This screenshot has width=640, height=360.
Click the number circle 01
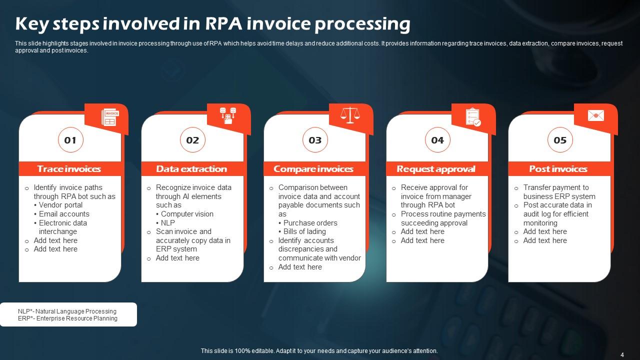(x=70, y=140)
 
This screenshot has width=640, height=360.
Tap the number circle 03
(x=315, y=140)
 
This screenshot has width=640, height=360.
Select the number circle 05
(x=560, y=140)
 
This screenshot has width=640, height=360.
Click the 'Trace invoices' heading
(x=69, y=169)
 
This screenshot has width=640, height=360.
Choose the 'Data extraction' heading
(x=191, y=169)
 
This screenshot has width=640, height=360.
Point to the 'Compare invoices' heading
(x=313, y=169)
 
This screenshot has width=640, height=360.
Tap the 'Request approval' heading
(x=435, y=169)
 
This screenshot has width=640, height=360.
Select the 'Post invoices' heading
(x=558, y=169)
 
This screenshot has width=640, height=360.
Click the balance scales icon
(x=350, y=115)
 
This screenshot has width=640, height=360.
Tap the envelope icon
(x=595, y=116)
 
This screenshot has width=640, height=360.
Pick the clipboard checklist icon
(x=472, y=116)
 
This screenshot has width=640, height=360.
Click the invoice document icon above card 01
(x=109, y=117)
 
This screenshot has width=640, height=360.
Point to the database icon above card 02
(x=228, y=115)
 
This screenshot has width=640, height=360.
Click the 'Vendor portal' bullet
(x=60, y=205)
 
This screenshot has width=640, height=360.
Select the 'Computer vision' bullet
(x=187, y=214)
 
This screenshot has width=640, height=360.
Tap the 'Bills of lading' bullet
(x=304, y=231)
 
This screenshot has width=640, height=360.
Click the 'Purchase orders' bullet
(x=310, y=223)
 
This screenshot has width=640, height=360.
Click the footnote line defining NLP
(x=67, y=311)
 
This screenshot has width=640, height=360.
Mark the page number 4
(x=622, y=354)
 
